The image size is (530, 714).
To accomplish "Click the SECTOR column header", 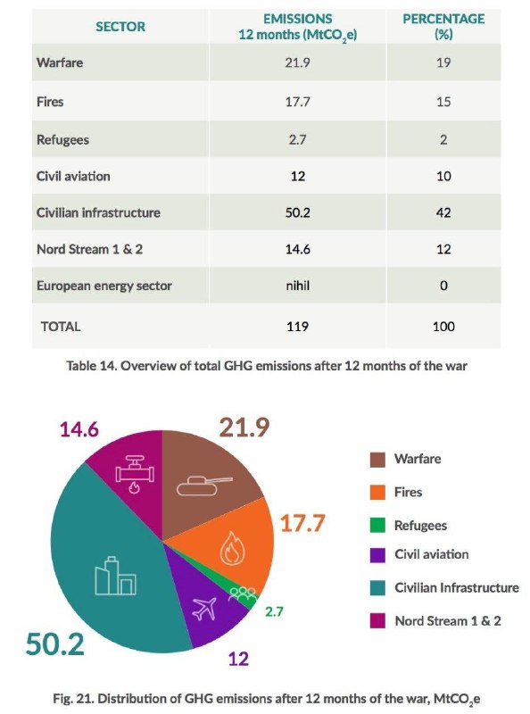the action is (x=120, y=27).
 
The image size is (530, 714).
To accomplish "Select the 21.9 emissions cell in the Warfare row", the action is (x=297, y=62).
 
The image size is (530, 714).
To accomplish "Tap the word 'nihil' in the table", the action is (x=297, y=286).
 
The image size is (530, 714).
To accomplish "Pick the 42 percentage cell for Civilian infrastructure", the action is (x=443, y=212).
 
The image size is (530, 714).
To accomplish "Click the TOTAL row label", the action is (x=61, y=327).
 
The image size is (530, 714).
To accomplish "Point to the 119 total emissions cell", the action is (x=297, y=327).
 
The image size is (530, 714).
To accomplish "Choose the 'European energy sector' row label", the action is (x=104, y=286).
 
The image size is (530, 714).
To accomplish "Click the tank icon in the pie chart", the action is (x=204, y=486).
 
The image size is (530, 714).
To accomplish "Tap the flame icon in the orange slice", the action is (x=232, y=548).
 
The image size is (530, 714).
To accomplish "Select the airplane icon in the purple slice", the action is (x=204, y=609).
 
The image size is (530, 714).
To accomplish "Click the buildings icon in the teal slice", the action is (x=115, y=576).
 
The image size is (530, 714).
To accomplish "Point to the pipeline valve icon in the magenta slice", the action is (x=135, y=474).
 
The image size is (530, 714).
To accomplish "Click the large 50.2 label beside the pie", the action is (x=55, y=644).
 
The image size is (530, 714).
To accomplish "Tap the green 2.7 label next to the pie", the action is (x=274, y=611).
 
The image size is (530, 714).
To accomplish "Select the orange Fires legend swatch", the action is (x=377, y=493).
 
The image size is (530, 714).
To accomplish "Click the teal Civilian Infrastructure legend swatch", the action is (x=377, y=587).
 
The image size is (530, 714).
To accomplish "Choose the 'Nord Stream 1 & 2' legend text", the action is (x=448, y=620).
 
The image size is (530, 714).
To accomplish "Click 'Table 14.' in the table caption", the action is (x=92, y=366).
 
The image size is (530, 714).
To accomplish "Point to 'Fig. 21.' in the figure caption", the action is (x=73, y=698).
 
